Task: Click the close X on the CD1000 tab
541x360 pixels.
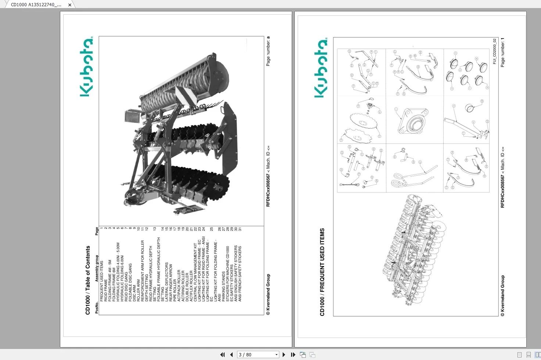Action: pos(70,5)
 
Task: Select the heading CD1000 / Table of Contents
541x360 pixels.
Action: pos(88,280)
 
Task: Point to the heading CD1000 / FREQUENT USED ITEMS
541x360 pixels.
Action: pos(322,272)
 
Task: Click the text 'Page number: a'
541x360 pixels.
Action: pos(268,51)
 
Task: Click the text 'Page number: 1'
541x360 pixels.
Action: pos(502,52)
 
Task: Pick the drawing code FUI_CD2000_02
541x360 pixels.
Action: pos(494,51)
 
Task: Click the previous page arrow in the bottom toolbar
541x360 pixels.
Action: pos(231,354)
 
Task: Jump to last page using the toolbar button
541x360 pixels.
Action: pos(293,354)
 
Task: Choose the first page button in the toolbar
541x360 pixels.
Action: pos(222,354)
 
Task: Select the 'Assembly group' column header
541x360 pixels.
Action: pos(97,268)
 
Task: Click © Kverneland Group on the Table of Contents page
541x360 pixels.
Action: pos(268,294)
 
